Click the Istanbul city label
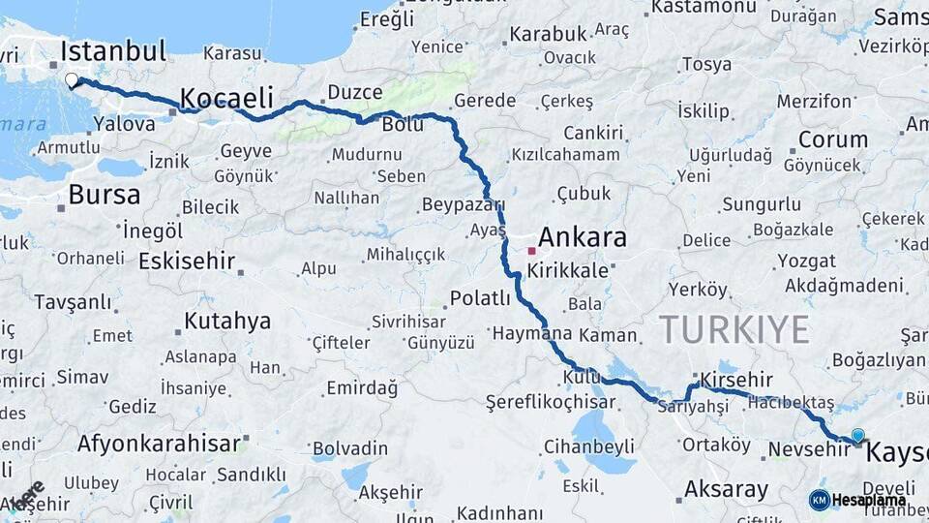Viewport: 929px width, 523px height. coord(113,50)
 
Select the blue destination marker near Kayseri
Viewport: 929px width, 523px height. coord(857,436)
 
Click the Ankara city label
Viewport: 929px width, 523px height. coord(582,237)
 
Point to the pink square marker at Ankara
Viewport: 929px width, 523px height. coord(531,251)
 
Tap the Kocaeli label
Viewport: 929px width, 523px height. coord(226,98)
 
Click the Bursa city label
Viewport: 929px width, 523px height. coord(105,195)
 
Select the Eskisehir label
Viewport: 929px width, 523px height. coord(187,261)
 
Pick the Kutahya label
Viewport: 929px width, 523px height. coord(227,322)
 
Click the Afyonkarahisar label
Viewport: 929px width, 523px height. coord(158,445)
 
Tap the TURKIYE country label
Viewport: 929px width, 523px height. coord(734,330)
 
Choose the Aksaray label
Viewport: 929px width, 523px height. coord(726,489)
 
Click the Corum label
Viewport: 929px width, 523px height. coord(832,139)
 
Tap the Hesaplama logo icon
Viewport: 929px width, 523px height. coord(820,500)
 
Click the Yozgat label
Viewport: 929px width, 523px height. coord(806,261)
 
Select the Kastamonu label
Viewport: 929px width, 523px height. coord(703,7)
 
